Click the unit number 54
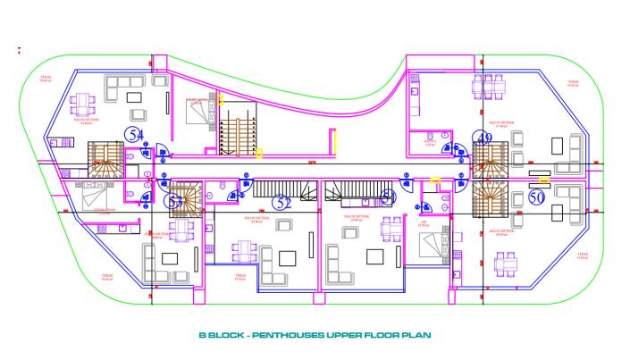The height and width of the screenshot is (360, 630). (x=136, y=135)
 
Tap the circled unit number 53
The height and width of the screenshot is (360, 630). (x=176, y=201)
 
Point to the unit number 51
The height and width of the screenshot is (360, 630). (x=388, y=197)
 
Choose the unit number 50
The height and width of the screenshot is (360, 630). (x=536, y=196)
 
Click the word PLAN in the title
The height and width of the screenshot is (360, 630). (x=418, y=336)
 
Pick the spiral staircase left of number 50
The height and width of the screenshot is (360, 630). (x=490, y=197)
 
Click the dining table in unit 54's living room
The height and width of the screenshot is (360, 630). (x=81, y=101)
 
